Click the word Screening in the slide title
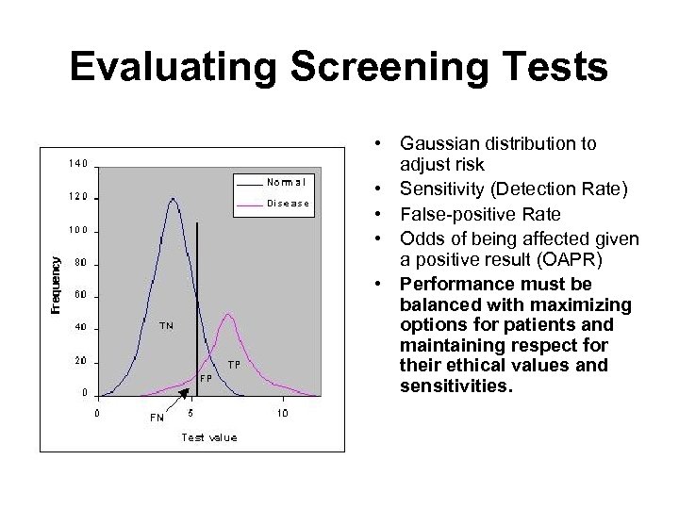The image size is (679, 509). [x=383, y=67]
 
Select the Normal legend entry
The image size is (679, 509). [x=286, y=181]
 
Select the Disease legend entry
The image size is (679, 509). [x=288, y=203]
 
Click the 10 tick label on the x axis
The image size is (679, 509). [x=282, y=413]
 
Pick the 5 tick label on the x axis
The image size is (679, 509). [x=190, y=413]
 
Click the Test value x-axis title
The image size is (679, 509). [x=208, y=436]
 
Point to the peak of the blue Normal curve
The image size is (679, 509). [x=172, y=199]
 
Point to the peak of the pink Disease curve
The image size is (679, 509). [x=226, y=315]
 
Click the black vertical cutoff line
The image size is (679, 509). [x=196, y=283]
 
